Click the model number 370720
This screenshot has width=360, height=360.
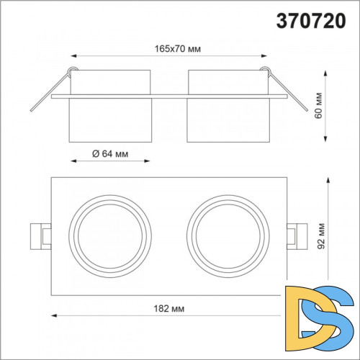311,21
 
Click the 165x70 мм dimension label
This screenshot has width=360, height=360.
178,49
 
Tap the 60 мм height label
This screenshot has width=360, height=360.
319,105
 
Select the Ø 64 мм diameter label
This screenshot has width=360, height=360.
110,153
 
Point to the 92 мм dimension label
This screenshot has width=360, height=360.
321,236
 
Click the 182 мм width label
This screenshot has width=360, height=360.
169,308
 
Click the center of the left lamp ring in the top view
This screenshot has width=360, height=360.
110,236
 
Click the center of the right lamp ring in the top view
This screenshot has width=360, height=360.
228,236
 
